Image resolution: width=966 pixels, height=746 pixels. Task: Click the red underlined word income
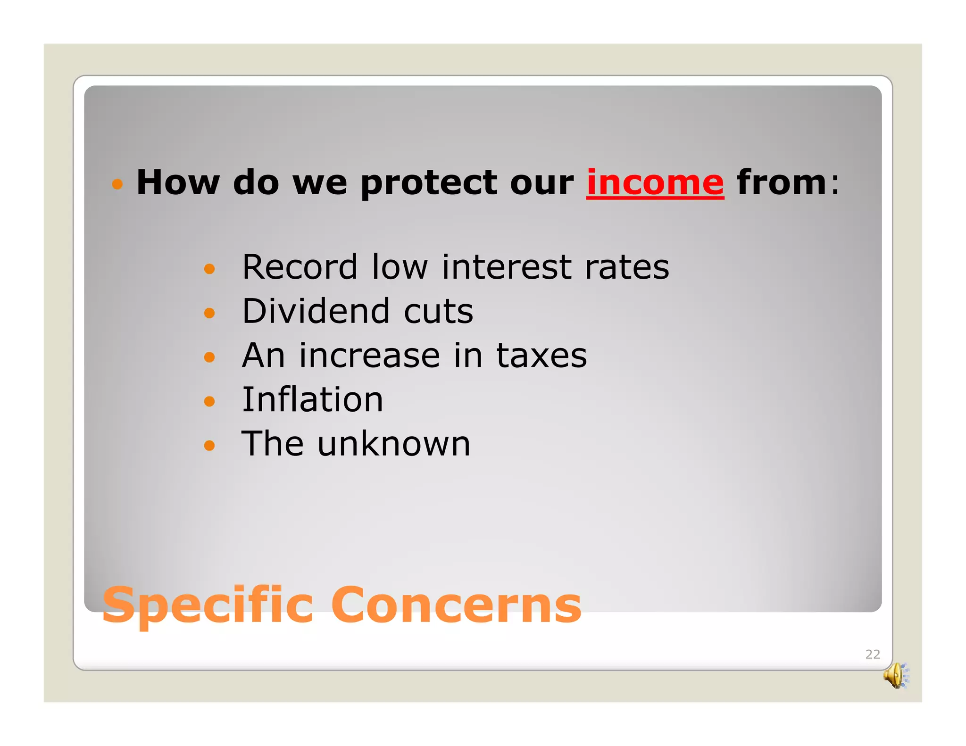click(655, 183)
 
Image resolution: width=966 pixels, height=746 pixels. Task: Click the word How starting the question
click(178, 182)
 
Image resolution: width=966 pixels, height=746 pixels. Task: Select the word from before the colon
click(781, 182)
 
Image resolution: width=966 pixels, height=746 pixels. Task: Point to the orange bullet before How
click(117, 184)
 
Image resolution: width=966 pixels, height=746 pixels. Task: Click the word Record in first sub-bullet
click(300, 267)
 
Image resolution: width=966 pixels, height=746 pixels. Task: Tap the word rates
click(626, 267)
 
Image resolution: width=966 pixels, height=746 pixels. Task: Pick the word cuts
click(438, 312)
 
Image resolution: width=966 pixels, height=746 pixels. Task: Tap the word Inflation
click(312, 400)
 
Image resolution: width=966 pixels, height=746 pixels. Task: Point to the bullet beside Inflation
click(209, 401)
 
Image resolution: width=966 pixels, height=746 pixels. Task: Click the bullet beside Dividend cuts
click(209, 313)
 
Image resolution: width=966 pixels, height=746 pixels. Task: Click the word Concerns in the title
click(456, 605)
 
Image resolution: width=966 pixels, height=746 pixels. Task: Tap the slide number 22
click(872, 654)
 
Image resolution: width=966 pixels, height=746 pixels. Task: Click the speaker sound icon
click(896, 676)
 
